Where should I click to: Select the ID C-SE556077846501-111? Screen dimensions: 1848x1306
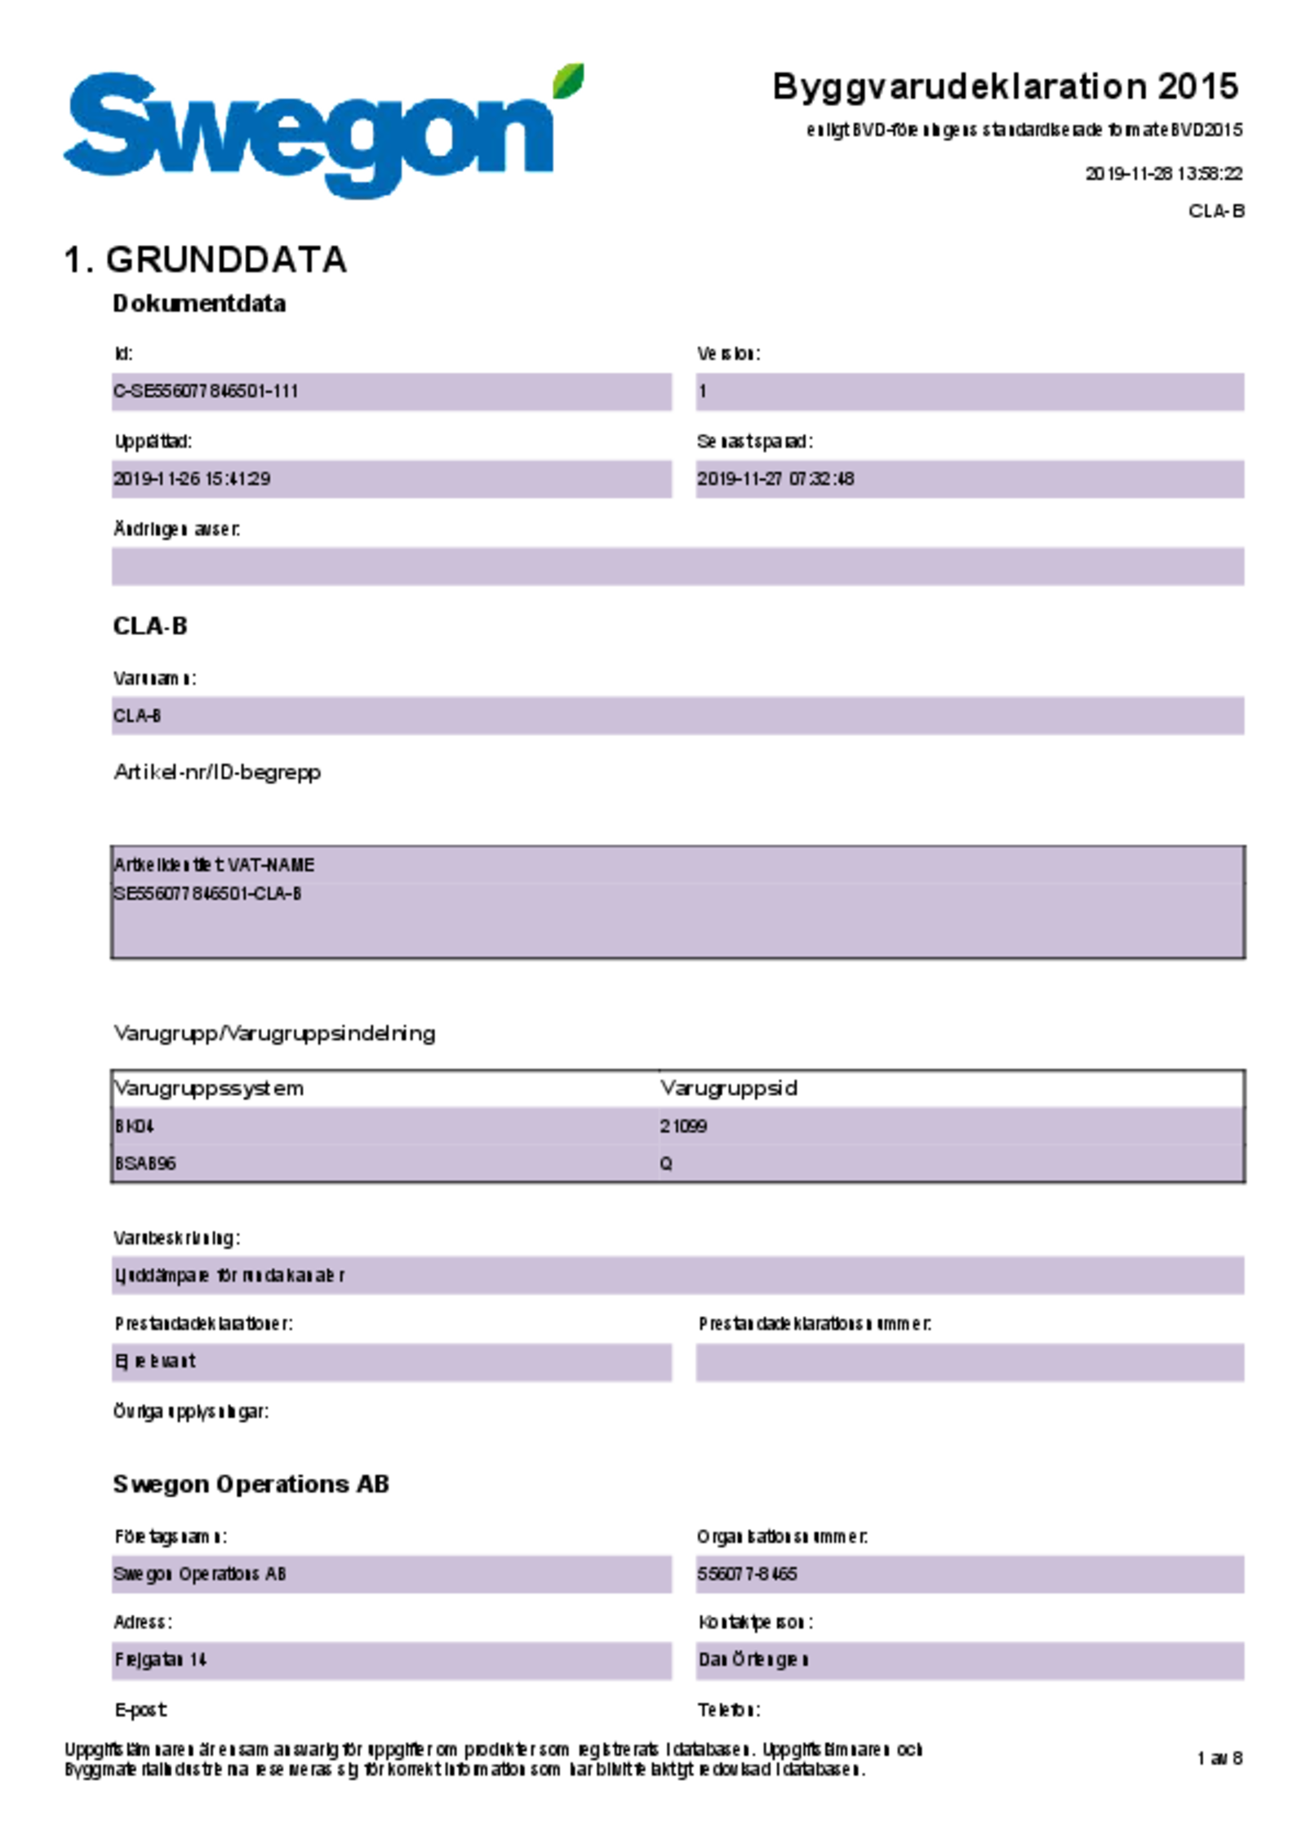[x=206, y=392]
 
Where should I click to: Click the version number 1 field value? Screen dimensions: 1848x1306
[x=702, y=392]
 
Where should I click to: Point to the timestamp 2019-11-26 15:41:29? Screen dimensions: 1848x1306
[x=192, y=479]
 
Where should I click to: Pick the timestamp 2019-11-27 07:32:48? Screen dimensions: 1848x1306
[x=775, y=479]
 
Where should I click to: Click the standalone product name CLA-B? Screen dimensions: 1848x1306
[x=137, y=716]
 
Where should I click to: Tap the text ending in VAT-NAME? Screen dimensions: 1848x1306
[x=214, y=865]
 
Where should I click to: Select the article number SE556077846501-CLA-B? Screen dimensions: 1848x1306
[x=207, y=894]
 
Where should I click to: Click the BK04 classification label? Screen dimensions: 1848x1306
[x=135, y=1126]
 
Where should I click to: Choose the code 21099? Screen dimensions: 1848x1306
[x=683, y=1126]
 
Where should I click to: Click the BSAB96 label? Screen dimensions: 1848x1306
[x=145, y=1164]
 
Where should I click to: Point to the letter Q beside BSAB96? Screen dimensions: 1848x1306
[x=666, y=1164]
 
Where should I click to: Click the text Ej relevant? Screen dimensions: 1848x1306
[x=155, y=1362]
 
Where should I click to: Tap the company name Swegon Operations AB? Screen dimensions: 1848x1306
[x=200, y=1575]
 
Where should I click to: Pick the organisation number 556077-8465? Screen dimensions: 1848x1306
[x=747, y=1575]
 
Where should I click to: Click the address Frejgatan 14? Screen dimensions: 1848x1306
[x=161, y=1660]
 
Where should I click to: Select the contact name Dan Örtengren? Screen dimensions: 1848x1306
[x=753, y=1660]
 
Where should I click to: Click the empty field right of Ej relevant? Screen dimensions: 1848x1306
[x=970, y=1363]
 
